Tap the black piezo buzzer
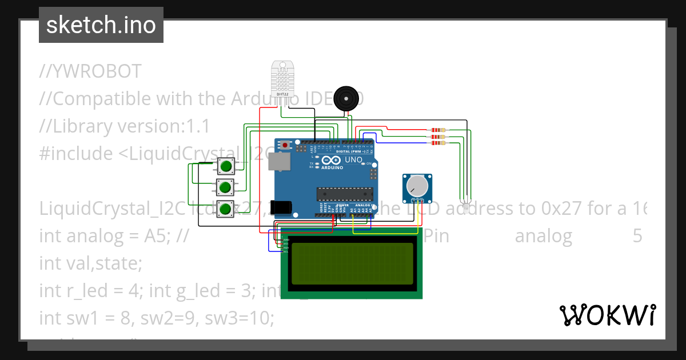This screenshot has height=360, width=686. pos(348,99)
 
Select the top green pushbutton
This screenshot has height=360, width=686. pos(226,167)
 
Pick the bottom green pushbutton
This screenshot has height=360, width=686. pos(226,209)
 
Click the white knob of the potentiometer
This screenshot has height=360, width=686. pos(417,186)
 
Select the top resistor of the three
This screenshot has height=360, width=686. pos(438,130)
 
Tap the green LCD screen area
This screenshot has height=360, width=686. pos(352,263)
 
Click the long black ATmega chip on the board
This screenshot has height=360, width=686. pos(345,194)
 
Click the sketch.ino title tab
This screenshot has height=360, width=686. pos(101,25)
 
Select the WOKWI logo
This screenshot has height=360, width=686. pos(607,315)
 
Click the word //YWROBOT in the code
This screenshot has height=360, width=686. pos(90,71)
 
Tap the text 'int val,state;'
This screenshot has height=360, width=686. pos(90,263)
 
